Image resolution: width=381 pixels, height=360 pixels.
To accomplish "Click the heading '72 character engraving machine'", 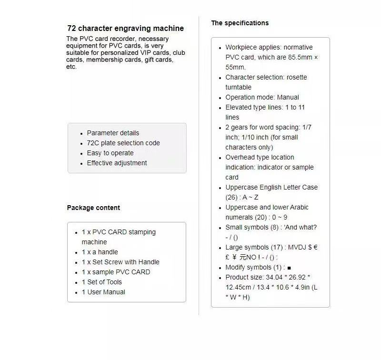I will [x=125, y=29].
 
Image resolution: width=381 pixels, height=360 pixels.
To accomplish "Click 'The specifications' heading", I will [x=240, y=23].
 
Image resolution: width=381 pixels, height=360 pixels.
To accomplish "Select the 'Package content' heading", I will [x=93, y=208].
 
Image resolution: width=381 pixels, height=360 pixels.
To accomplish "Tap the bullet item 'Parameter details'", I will [x=113, y=133].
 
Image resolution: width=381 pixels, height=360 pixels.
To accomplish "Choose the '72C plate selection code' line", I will [x=123, y=143].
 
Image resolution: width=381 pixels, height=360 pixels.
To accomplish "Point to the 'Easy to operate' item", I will [x=110, y=153].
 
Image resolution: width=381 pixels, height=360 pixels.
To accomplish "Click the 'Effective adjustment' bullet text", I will [x=117, y=163].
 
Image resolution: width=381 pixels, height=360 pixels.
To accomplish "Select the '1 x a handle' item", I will [x=100, y=252].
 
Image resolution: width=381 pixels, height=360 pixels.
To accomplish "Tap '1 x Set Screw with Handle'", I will [x=120, y=262].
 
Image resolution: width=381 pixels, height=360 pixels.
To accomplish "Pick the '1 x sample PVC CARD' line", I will [x=116, y=272].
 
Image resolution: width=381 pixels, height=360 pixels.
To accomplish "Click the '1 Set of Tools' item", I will [x=101, y=282].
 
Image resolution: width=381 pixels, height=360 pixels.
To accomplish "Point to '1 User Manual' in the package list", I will [x=103, y=292].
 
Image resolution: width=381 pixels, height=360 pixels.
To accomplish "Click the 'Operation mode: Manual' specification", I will [x=262, y=97].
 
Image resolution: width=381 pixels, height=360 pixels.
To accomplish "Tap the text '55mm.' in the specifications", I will [x=235, y=67].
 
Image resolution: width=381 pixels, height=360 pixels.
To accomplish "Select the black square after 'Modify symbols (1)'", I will [x=289, y=268].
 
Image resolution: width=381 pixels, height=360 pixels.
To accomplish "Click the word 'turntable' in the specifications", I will [x=238, y=87].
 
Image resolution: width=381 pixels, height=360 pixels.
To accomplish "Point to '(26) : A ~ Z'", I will [x=242, y=197].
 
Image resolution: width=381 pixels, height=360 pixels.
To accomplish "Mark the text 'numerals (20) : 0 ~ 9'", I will [x=256, y=217].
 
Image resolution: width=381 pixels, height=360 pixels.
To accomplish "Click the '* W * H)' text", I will [x=237, y=297].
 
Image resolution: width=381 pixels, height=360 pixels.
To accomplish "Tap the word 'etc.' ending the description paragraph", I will [x=71, y=67].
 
